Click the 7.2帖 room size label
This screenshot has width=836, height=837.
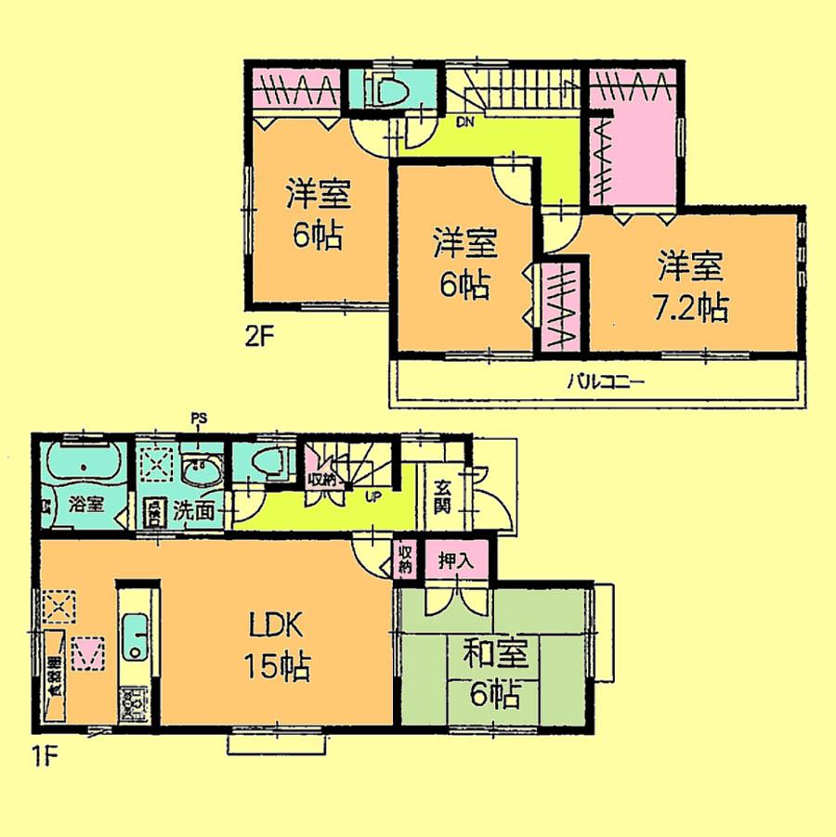(x=690, y=307)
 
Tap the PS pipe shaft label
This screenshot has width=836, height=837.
(x=197, y=418)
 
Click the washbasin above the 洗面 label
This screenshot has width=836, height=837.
(x=199, y=470)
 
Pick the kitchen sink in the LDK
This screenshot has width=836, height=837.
(x=137, y=637)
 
